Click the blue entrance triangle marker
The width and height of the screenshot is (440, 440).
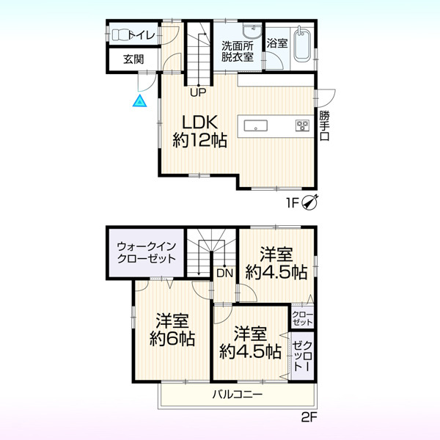[139, 102]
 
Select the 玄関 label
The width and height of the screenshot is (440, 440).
[133, 59]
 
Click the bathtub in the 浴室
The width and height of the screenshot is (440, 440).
[301, 46]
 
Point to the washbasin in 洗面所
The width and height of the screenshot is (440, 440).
[252, 31]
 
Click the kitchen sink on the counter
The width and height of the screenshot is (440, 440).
[255, 125]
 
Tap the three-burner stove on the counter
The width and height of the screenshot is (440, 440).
[302, 125]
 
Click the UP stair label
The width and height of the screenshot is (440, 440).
[198, 92]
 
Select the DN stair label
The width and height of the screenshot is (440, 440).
[225, 273]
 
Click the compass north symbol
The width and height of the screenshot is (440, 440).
[309, 202]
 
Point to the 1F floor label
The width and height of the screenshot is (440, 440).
[291, 202]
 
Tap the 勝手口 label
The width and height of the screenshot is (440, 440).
[324, 125]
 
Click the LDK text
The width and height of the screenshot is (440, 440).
[199, 122]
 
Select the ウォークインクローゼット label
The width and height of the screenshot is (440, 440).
[146, 252]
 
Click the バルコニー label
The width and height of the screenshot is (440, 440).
[238, 395]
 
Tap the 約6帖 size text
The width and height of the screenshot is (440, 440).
[172, 339]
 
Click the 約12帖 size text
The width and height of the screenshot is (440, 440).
[199, 140]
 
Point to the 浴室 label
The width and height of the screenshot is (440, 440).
[277, 43]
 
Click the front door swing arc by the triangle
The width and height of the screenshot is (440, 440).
[149, 86]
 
